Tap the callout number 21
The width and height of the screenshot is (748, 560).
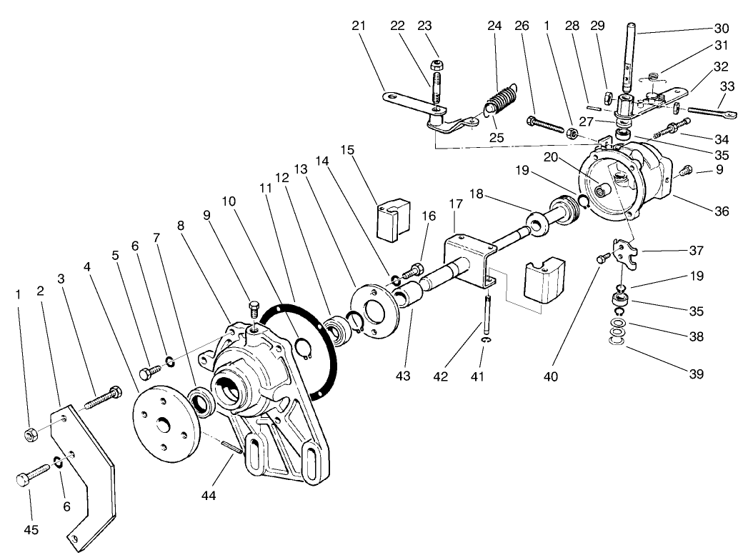point(359,26)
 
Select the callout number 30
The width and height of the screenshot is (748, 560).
point(721,29)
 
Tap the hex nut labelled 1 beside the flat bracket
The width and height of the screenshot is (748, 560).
point(31,434)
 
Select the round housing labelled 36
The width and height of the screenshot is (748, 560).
point(622,182)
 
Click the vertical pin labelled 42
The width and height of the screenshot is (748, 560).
point(486,314)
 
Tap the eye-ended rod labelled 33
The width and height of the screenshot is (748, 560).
point(707,112)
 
